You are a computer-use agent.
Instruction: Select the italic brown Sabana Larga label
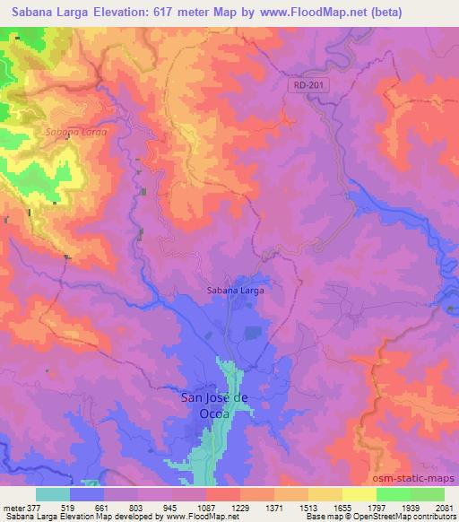(75, 132)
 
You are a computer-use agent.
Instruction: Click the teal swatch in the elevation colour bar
(52, 494)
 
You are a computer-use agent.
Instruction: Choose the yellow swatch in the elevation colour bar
(358, 494)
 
